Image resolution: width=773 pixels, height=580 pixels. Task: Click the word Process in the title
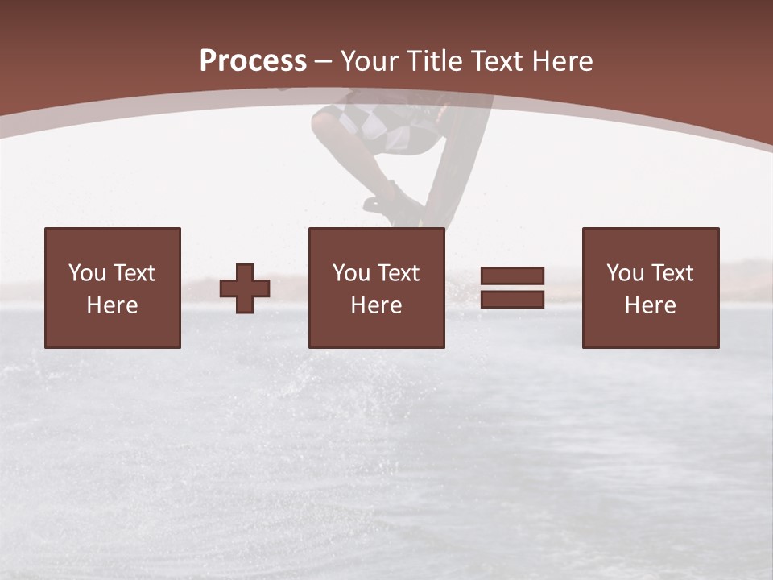tap(253, 61)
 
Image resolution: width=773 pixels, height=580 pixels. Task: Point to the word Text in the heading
tap(497, 61)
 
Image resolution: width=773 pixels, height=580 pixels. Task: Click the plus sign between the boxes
tap(245, 288)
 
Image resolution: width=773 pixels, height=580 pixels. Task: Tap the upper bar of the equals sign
tap(512, 276)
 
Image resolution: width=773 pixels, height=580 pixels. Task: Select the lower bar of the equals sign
tap(512, 299)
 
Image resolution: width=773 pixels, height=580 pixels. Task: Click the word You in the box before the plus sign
tap(87, 273)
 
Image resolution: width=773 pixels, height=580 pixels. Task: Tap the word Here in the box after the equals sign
tap(650, 305)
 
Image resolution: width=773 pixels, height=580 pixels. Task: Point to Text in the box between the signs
tap(399, 273)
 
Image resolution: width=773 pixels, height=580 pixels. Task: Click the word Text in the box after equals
tap(672, 273)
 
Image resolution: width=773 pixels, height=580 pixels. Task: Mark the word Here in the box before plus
tap(112, 305)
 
